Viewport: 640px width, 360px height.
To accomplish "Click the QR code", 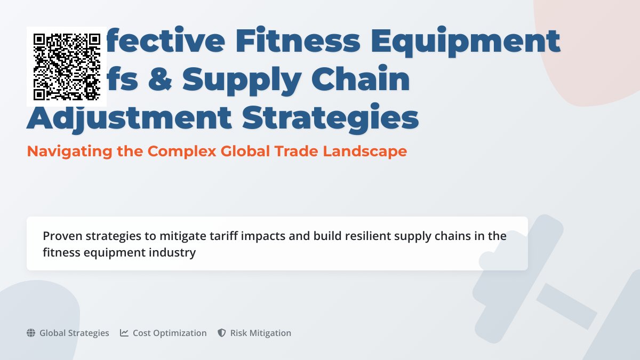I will (x=67, y=67).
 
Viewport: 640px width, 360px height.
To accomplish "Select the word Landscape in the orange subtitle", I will (x=365, y=151).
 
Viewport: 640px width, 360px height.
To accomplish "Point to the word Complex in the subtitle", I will (x=182, y=151).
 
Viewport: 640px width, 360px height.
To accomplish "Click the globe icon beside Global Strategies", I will (x=31, y=333).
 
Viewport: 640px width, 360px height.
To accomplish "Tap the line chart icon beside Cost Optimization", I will (x=124, y=333).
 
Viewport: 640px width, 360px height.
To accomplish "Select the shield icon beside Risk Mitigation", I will (x=222, y=333).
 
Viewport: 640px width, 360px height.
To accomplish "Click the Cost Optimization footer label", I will (x=170, y=333).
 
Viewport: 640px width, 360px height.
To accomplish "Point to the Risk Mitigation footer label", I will (x=261, y=333).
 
